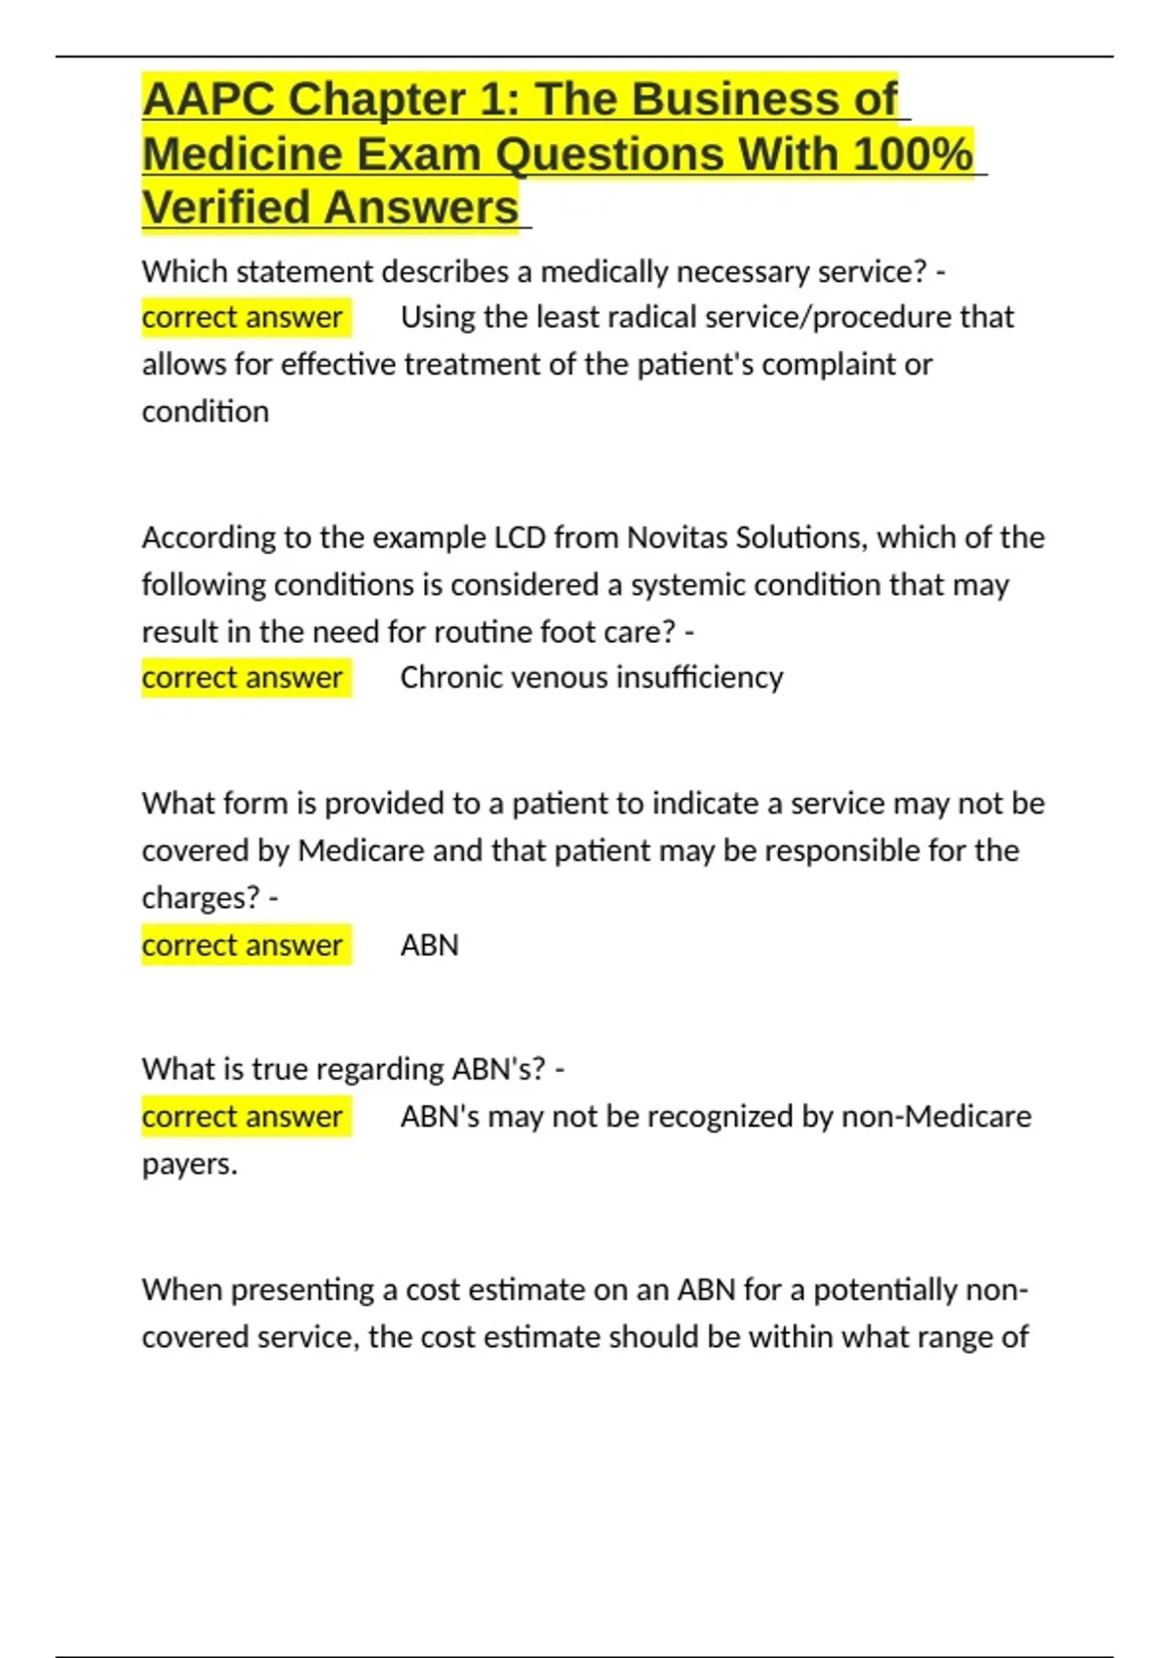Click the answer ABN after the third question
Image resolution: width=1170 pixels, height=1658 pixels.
pyautogui.click(x=429, y=945)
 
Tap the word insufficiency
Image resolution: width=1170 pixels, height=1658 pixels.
pyautogui.click(x=700, y=678)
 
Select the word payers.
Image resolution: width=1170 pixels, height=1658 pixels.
pyautogui.click(x=189, y=1164)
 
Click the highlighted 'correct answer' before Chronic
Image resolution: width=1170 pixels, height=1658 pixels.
pyautogui.click(x=242, y=678)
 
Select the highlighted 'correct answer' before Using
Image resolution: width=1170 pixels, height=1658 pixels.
pyautogui.click(x=242, y=317)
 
